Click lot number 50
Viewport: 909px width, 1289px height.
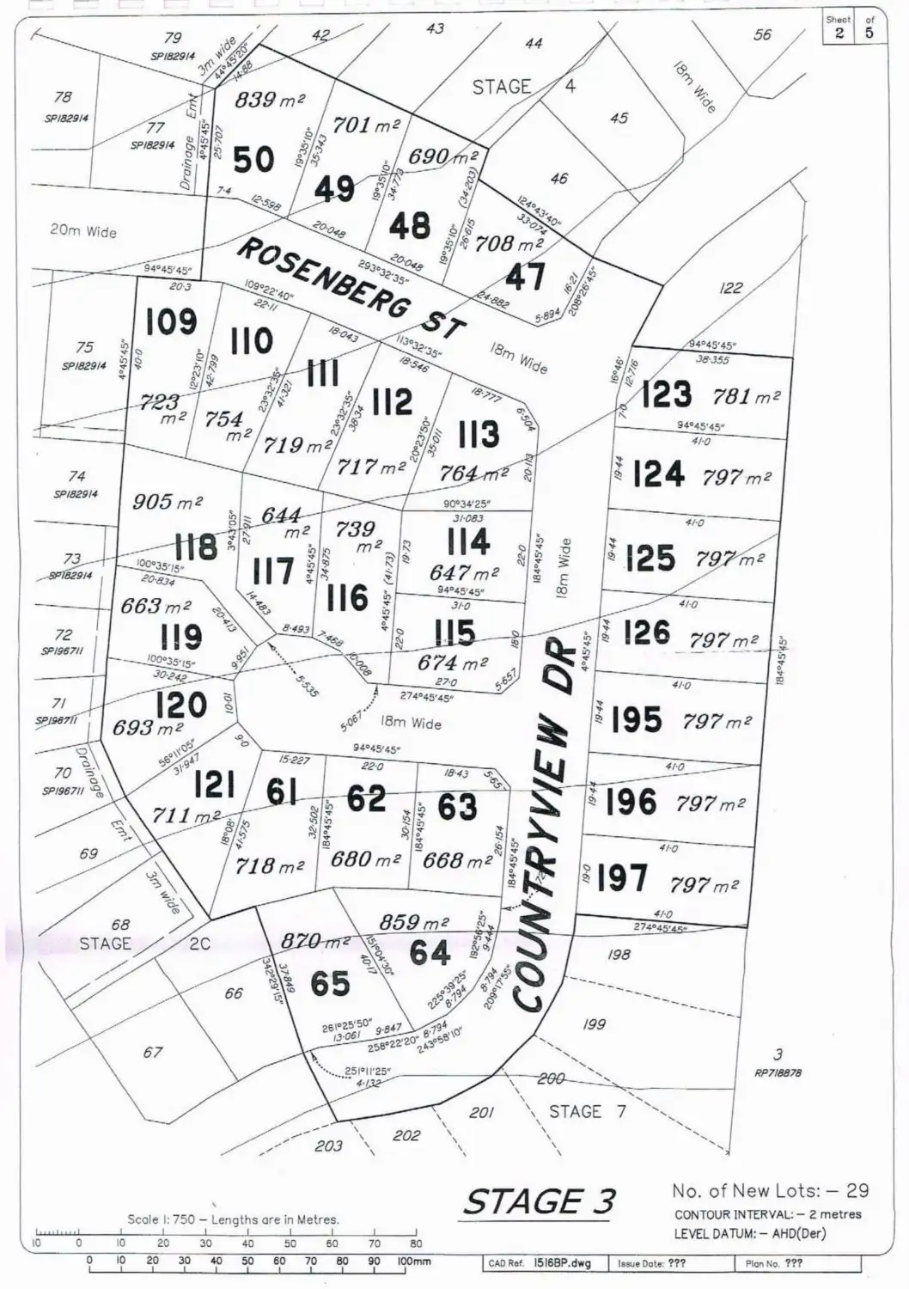[x=253, y=160]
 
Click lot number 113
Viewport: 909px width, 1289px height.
[x=478, y=433]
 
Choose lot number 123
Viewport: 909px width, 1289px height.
[x=667, y=394]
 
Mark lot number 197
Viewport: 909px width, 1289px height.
[x=622, y=878]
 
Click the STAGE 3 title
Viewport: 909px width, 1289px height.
[x=540, y=1200]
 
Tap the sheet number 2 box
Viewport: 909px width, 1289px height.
[x=838, y=33]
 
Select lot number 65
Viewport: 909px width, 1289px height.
[x=330, y=983]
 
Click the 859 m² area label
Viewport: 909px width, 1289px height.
[x=414, y=922]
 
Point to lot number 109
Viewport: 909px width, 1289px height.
[x=171, y=322]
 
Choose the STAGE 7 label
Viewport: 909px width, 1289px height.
[x=588, y=1111]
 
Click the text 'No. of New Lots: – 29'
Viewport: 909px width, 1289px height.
[x=770, y=1190]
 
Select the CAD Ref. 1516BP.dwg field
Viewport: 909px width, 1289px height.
[x=545, y=1264]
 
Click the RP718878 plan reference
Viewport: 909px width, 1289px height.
[x=778, y=1073]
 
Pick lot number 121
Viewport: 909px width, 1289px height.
[x=214, y=785]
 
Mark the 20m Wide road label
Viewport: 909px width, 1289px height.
[x=82, y=231]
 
